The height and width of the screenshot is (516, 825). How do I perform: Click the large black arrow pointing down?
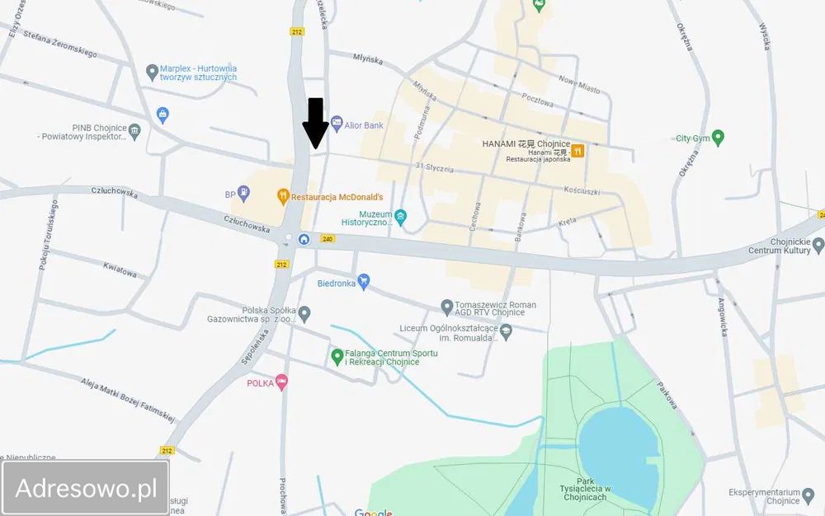click(315, 122)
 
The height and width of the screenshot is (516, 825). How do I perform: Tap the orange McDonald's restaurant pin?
click(282, 196)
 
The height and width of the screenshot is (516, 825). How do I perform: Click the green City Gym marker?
click(718, 138)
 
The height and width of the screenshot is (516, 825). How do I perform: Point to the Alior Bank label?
click(363, 125)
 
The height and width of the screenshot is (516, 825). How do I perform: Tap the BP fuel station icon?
click(243, 195)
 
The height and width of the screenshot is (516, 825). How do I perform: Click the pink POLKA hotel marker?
click(282, 382)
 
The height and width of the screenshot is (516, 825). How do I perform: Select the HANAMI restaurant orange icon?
click(577, 151)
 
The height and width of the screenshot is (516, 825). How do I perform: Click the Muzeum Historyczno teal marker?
click(401, 218)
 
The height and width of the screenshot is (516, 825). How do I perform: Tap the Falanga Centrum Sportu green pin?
click(337, 357)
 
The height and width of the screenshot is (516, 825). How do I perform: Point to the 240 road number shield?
click(328, 239)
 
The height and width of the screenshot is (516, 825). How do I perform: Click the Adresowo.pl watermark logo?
click(87, 488)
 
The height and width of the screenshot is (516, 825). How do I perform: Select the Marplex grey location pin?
click(152, 73)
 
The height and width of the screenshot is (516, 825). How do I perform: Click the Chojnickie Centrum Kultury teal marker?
click(818, 244)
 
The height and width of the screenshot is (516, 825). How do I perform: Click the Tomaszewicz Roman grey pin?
click(447, 308)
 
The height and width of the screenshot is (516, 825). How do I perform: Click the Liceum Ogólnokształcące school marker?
click(507, 332)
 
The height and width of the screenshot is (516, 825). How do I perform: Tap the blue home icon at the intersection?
click(304, 239)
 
